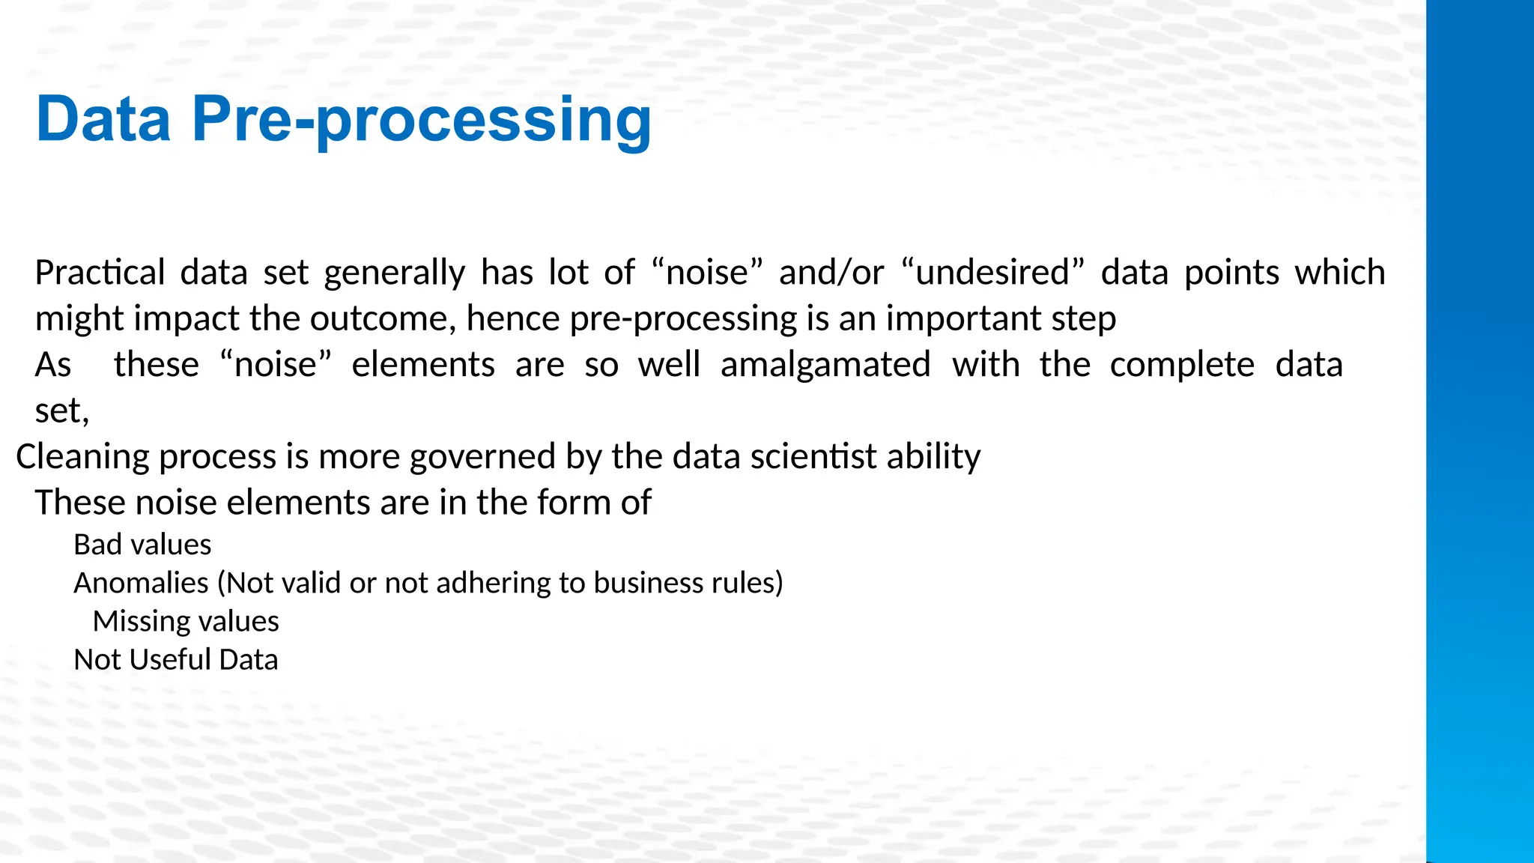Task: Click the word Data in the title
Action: coord(103,120)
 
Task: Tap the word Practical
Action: coord(100,273)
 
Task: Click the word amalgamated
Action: coord(825,365)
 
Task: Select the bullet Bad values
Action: coord(142,545)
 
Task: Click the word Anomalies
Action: coord(141,583)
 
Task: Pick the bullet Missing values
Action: coord(186,622)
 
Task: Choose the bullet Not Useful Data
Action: coord(175,660)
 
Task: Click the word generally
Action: coord(394,273)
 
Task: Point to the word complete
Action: coord(1182,365)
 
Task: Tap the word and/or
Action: coord(831,273)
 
